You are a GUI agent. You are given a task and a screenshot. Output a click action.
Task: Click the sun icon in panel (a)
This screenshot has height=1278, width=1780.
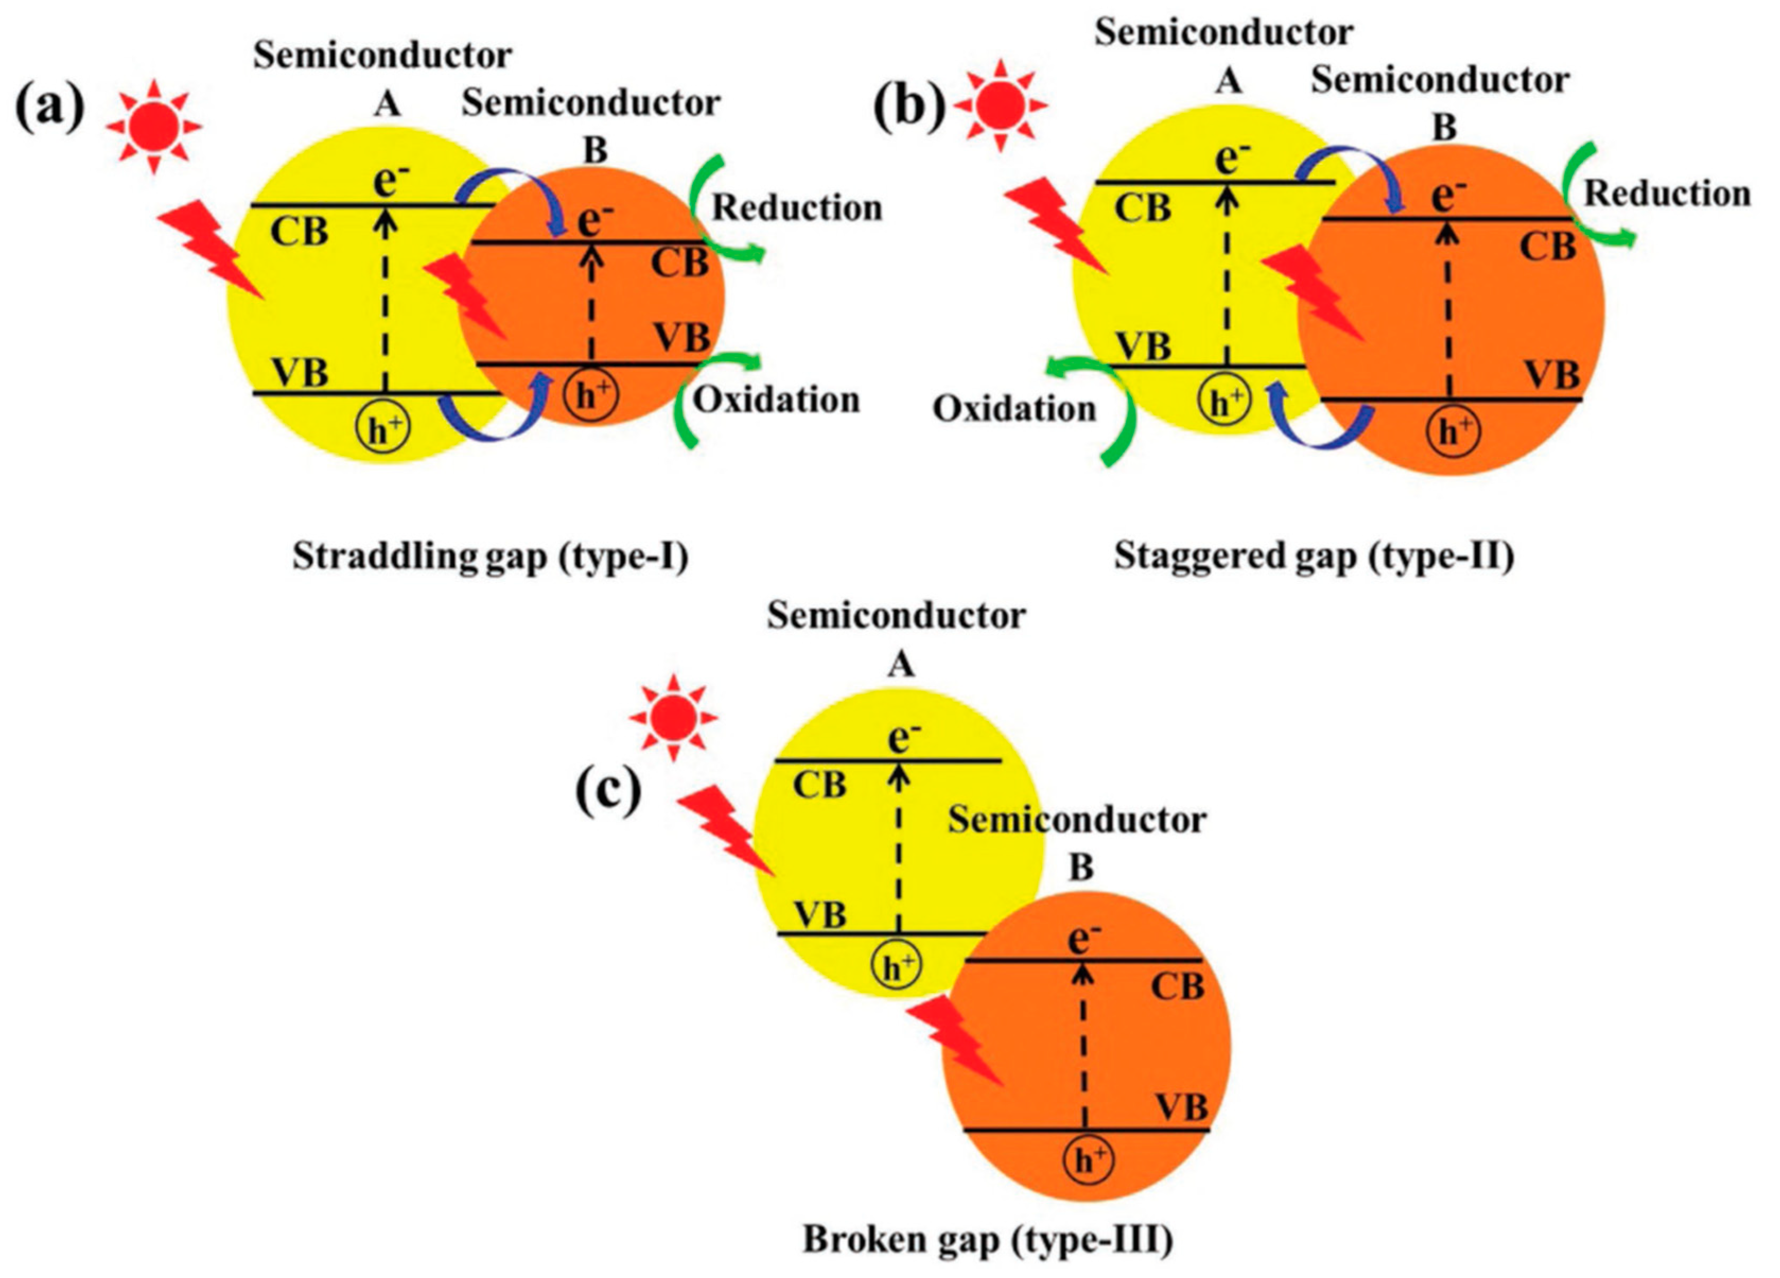coord(154,126)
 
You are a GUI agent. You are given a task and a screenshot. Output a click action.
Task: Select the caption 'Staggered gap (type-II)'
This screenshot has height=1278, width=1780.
coord(1314,556)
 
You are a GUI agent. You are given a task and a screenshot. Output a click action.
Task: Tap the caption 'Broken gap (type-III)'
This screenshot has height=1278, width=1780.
coord(987,1240)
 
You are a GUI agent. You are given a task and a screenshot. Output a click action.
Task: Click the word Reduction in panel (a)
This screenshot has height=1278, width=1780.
coord(796,209)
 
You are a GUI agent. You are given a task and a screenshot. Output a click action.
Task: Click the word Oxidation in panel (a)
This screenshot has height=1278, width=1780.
coord(775,400)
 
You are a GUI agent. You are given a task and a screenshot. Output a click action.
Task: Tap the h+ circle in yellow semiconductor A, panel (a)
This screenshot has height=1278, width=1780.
coord(383,431)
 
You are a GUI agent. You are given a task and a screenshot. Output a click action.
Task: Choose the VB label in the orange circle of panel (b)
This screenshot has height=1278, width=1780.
coord(1551,375)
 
